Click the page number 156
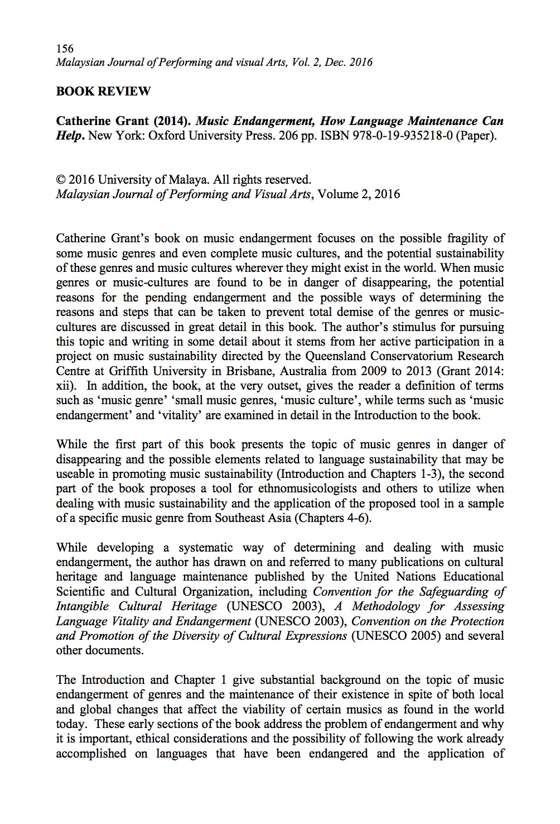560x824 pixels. click(x=65, y=48)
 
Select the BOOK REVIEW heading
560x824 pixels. click(x=103, y=92)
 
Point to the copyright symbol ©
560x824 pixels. click(x=61, y=180)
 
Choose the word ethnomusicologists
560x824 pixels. click(x=316, y=488)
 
